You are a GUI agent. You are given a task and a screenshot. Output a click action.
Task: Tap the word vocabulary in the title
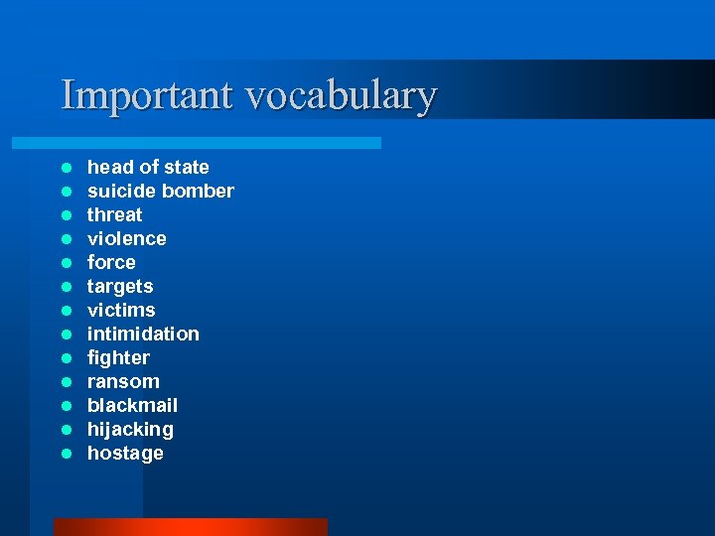341,95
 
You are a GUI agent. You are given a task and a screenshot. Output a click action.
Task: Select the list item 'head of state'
148,167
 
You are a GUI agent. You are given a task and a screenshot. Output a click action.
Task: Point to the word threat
114,214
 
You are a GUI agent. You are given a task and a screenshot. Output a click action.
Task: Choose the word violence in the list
127,238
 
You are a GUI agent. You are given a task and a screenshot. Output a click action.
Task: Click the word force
111,262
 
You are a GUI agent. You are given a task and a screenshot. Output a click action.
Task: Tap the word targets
120,286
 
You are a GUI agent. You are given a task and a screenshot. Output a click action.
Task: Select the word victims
121,310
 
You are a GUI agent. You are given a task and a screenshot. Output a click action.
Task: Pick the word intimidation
143,334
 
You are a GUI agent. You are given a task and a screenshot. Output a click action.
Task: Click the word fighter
118,357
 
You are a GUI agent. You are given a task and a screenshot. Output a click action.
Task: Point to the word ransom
123,381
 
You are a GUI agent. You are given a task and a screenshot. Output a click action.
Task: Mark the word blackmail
132,405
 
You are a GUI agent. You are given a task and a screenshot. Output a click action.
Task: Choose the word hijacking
130,429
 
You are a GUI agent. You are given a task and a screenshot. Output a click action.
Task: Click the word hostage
125,454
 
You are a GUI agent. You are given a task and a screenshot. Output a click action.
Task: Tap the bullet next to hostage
66,454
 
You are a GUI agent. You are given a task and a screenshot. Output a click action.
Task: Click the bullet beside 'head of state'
66,168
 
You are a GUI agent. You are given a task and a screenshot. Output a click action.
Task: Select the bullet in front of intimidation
66,335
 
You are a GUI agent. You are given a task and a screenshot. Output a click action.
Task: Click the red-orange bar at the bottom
190,526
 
